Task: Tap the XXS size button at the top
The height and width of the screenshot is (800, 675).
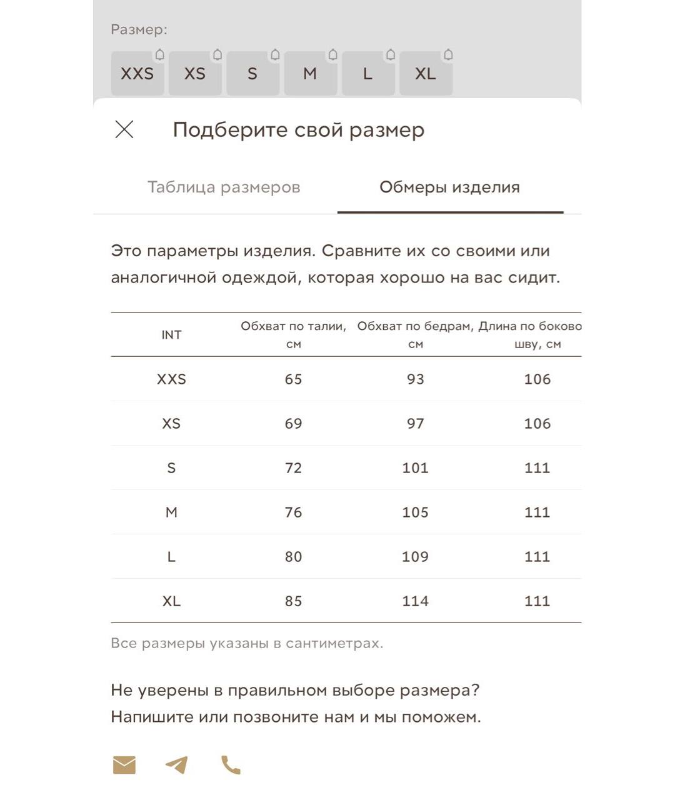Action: pos(137,74)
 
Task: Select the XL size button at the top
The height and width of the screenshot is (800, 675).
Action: pos(426,74)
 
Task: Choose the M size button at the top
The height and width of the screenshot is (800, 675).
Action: pos(310,74)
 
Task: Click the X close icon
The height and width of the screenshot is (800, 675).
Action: pos(124,129)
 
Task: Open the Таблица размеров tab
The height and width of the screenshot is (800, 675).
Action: pos(224,187)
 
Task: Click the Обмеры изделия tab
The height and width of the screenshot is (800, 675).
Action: pos(449,187)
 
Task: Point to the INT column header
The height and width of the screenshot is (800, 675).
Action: pos(171,335)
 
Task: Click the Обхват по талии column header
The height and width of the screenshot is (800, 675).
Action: pos(293,334)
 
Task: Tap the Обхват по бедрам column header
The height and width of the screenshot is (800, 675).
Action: pos(415,334)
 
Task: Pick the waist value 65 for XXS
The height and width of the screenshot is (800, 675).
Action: pos(293,379)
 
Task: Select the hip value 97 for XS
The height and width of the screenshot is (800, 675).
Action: pos(415,424)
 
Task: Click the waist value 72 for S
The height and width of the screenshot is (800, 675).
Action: pos(293,468)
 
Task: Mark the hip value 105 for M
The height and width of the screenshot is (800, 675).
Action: pos(415,512)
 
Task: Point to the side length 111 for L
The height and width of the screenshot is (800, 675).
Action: pos(537,557)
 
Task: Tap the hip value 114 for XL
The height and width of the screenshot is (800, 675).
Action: pos(415,601)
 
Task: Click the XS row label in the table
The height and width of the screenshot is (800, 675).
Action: pos(171,424)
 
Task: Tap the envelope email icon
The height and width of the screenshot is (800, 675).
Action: pos(124,764)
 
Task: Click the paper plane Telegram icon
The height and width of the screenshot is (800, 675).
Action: pos(177,764)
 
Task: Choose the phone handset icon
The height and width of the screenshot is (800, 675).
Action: pos(231,764)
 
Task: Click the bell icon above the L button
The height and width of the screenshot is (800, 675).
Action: pos(391,55)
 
